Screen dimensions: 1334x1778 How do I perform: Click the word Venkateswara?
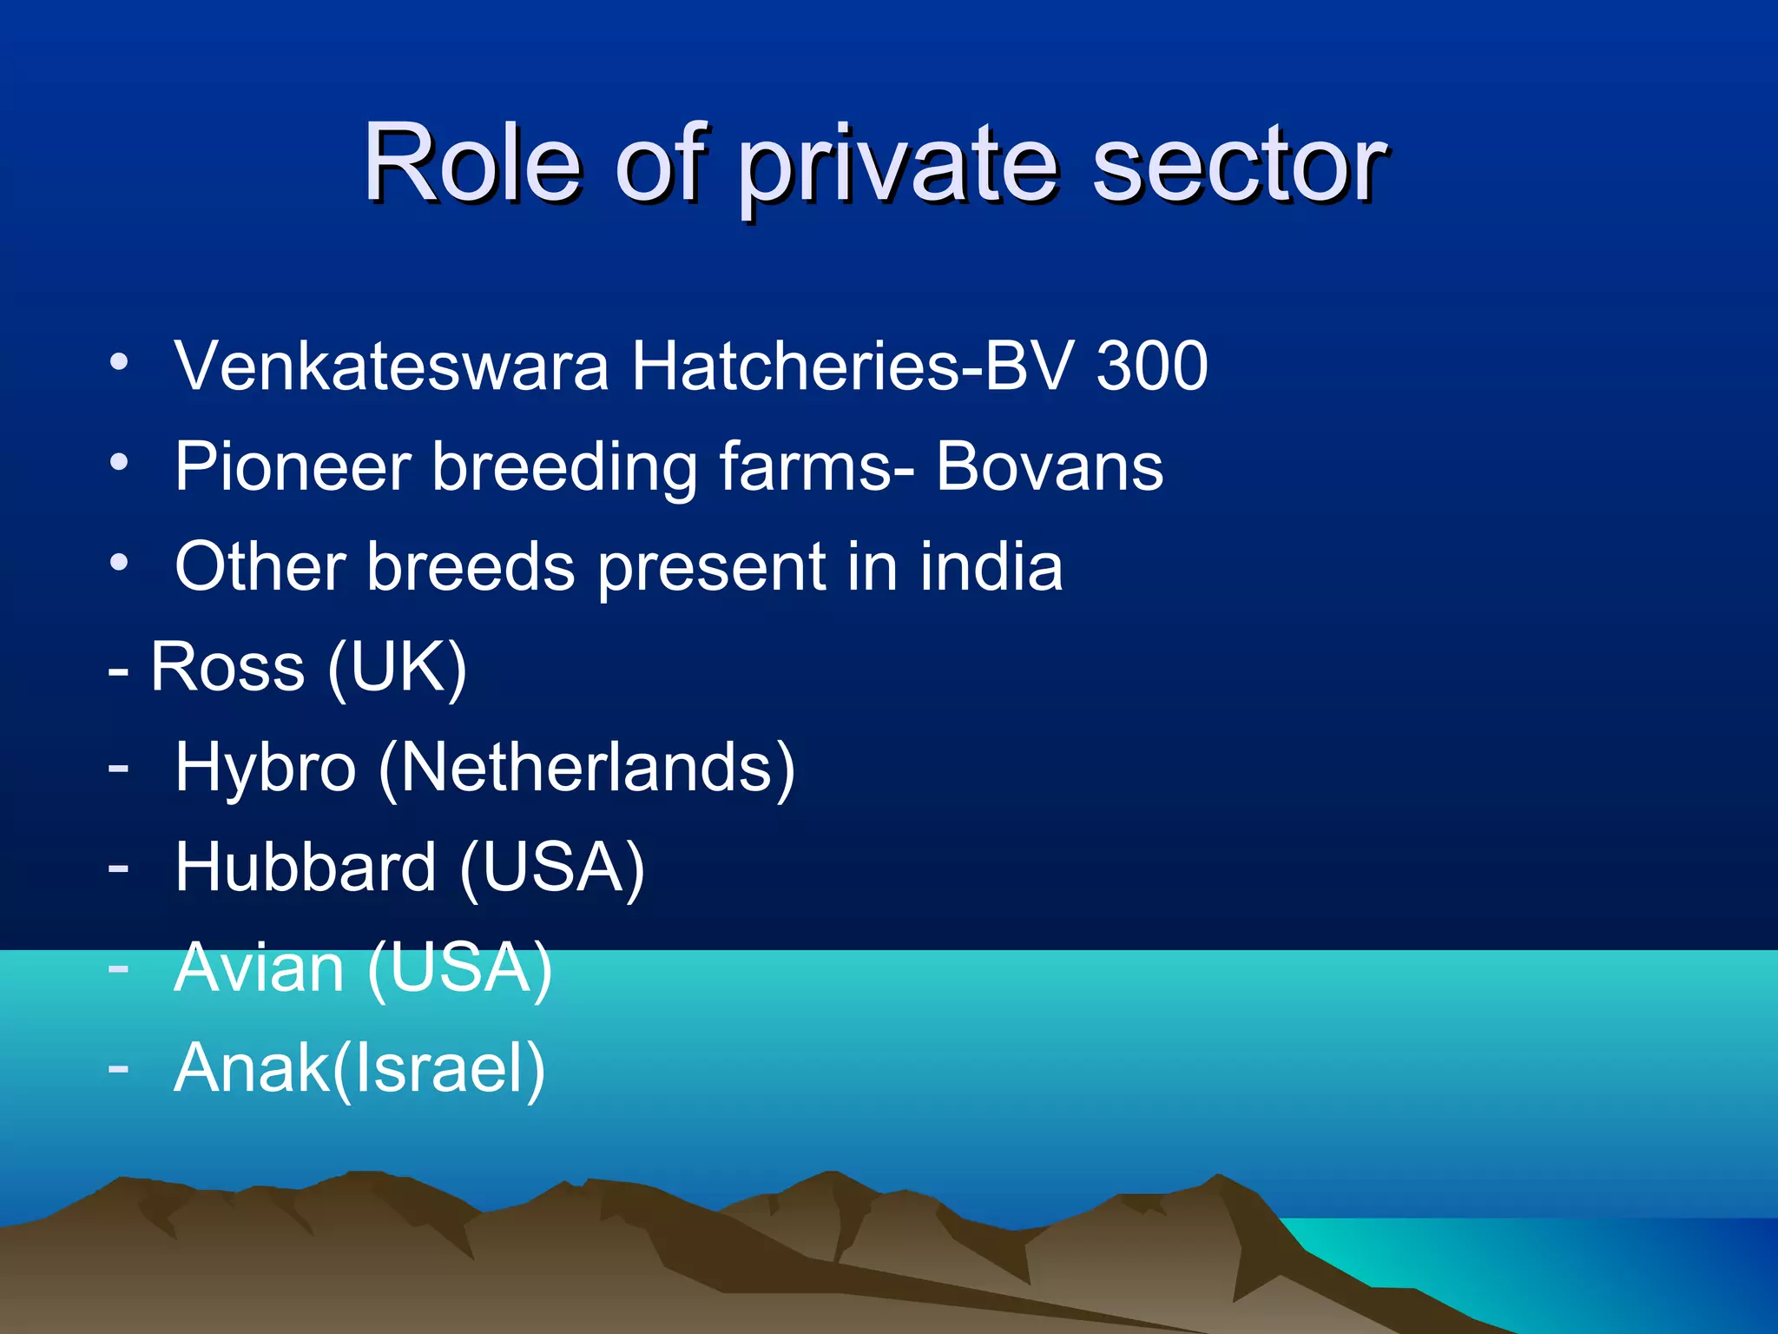pyautogui.click(x=392, y=366)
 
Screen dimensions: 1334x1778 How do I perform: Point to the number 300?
pyautogui.click(x=1152, y=366)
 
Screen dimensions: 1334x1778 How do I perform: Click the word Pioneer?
pyautogui.click(x=293, y=466)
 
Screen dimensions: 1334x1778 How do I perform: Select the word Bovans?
pyautogui.click(x=1050, y=466)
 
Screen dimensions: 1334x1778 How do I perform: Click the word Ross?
pyautogui.click(x=227, y=667)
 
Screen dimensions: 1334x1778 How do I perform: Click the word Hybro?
pyautogui.click(x=265, y=768)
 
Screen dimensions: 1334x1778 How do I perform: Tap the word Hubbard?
pyautogui.click(x=305, y=868)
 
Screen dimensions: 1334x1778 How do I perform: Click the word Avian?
pyautogui.click(x=259, y=967)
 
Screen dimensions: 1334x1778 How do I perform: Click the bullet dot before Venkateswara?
pyautogui.click(x=119, y=361)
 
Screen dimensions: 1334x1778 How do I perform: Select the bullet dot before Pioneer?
pyautogui.click(x=119, y=462)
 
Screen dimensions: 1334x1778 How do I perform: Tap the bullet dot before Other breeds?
pyautogui.click(x=119, y=563)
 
